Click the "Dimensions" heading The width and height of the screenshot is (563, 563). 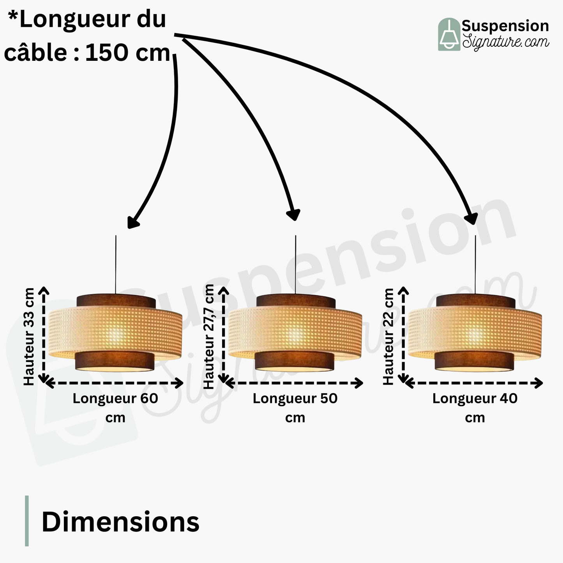coord(120,522)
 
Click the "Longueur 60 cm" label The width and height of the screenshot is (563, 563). coord(115,408)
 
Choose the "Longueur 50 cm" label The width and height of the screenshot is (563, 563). coord(295,408)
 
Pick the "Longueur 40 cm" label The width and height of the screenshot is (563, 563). coord(475,408)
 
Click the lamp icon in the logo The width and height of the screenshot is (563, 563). coord(449,34)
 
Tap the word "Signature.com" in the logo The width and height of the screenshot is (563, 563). coord(506,41)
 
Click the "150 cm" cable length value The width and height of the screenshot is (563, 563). coord(127,53)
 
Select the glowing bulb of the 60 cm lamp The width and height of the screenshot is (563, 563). coord(116,334)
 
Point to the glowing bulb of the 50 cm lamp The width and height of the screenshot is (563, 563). coord(295,334)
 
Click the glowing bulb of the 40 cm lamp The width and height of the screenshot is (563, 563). coord(475,334)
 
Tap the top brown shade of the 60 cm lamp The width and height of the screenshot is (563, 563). coord(116,301)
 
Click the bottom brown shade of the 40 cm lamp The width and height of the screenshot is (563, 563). coord(474,360)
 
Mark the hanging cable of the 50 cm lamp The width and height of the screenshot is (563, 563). coord(295,265)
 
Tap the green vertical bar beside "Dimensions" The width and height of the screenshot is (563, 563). coord(27,521)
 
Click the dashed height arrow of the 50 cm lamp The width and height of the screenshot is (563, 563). coord(224,335)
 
